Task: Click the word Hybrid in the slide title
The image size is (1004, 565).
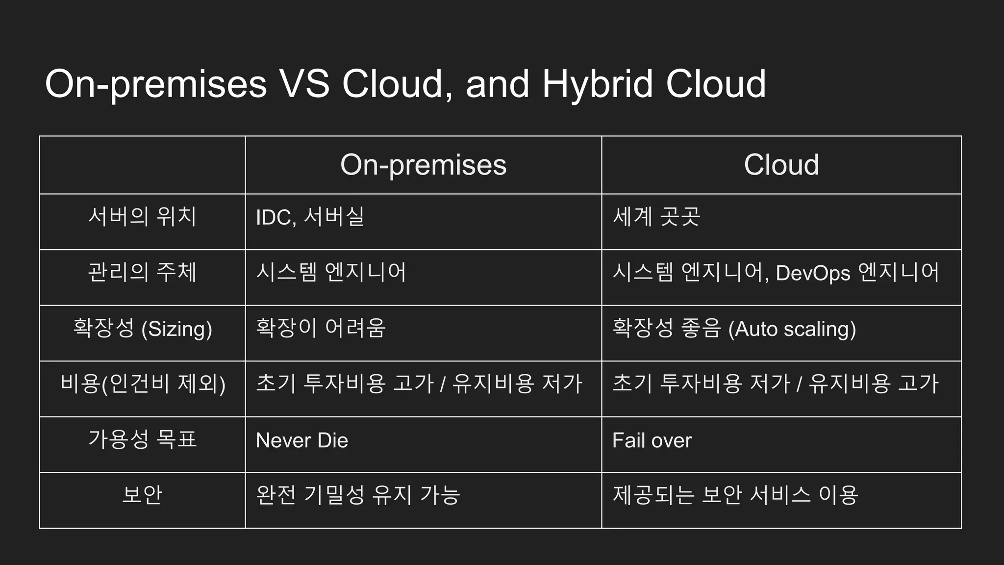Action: click(597, 84)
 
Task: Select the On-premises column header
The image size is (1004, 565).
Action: click(423, 165)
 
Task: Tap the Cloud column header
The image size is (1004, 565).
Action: click(781, 165)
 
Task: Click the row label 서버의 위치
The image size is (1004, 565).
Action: click(142, 216)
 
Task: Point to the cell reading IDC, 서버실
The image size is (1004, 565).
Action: click(310, 217)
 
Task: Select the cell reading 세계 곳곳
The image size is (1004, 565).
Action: click(656, 216)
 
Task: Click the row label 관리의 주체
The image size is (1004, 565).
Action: click(142, 272)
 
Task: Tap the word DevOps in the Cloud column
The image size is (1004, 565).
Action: click(813, 273)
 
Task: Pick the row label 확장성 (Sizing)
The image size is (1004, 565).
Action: click(142, 328)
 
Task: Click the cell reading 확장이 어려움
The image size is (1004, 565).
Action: click(321, 328)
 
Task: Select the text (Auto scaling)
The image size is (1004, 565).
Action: click(792, 329)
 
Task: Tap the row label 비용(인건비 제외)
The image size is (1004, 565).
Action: click(142, 384)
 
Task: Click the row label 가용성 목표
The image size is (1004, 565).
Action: click(142, 439)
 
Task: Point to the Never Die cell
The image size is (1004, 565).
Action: click(302, 440)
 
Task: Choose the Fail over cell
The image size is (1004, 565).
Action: click(652, 440)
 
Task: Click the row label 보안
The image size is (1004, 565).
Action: click(142, 495)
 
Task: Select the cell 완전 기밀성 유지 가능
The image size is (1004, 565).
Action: click(358, 495)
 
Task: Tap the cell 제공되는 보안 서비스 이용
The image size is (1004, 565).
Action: click(735, 495)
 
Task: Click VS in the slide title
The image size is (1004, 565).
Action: click(304, 84)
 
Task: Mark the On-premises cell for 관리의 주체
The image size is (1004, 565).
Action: click(331, 272)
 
